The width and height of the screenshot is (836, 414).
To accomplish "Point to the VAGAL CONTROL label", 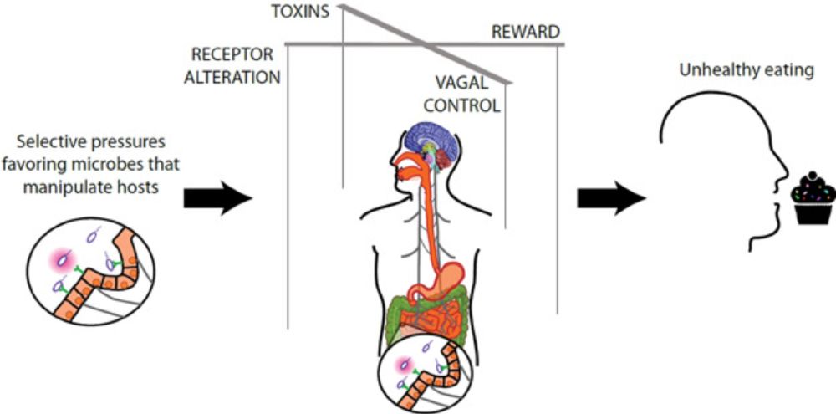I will click(x=466, y=95).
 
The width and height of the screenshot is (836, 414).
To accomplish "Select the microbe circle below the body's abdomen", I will click(x=418, y=369).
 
